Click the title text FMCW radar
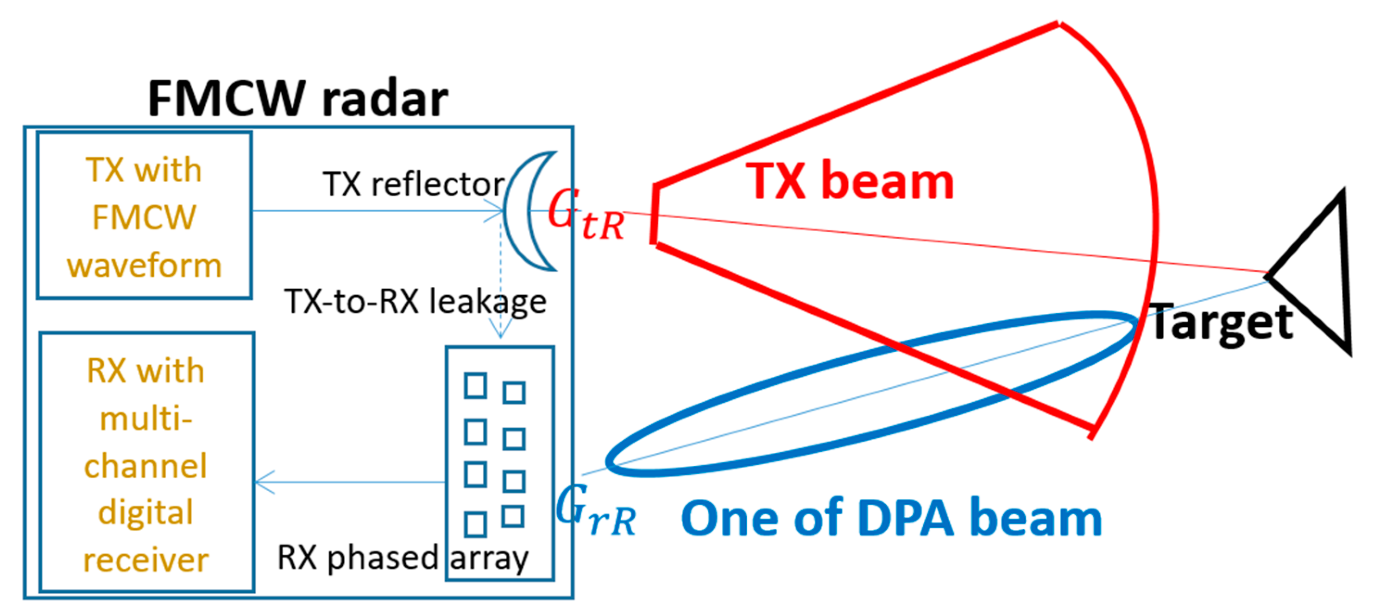pos(297,99)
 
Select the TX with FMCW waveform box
pos(144,216)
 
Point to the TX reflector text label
pos(413,184)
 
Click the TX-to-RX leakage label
pos(415,301)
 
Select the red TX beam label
pos(849,181)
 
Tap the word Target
pos(1222,323)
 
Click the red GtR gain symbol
pos(585,215)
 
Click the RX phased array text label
pos(403,558)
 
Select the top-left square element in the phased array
pos(475,386)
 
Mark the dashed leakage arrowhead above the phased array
pos(500,331)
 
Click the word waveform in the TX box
pos(144,265)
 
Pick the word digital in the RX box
pos(145,512)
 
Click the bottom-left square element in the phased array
pos(475,524)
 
